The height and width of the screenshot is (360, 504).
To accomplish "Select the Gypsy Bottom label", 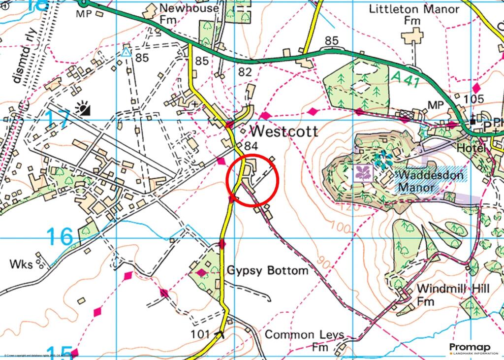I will click(x=267, y=270).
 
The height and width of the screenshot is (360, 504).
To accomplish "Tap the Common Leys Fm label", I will click(x=304, y=341).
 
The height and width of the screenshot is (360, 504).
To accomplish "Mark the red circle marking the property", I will click(x=252, y=179).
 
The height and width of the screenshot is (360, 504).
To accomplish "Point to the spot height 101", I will click(x=202, y=335).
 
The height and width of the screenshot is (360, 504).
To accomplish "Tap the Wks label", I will click(x=21, y=264).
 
